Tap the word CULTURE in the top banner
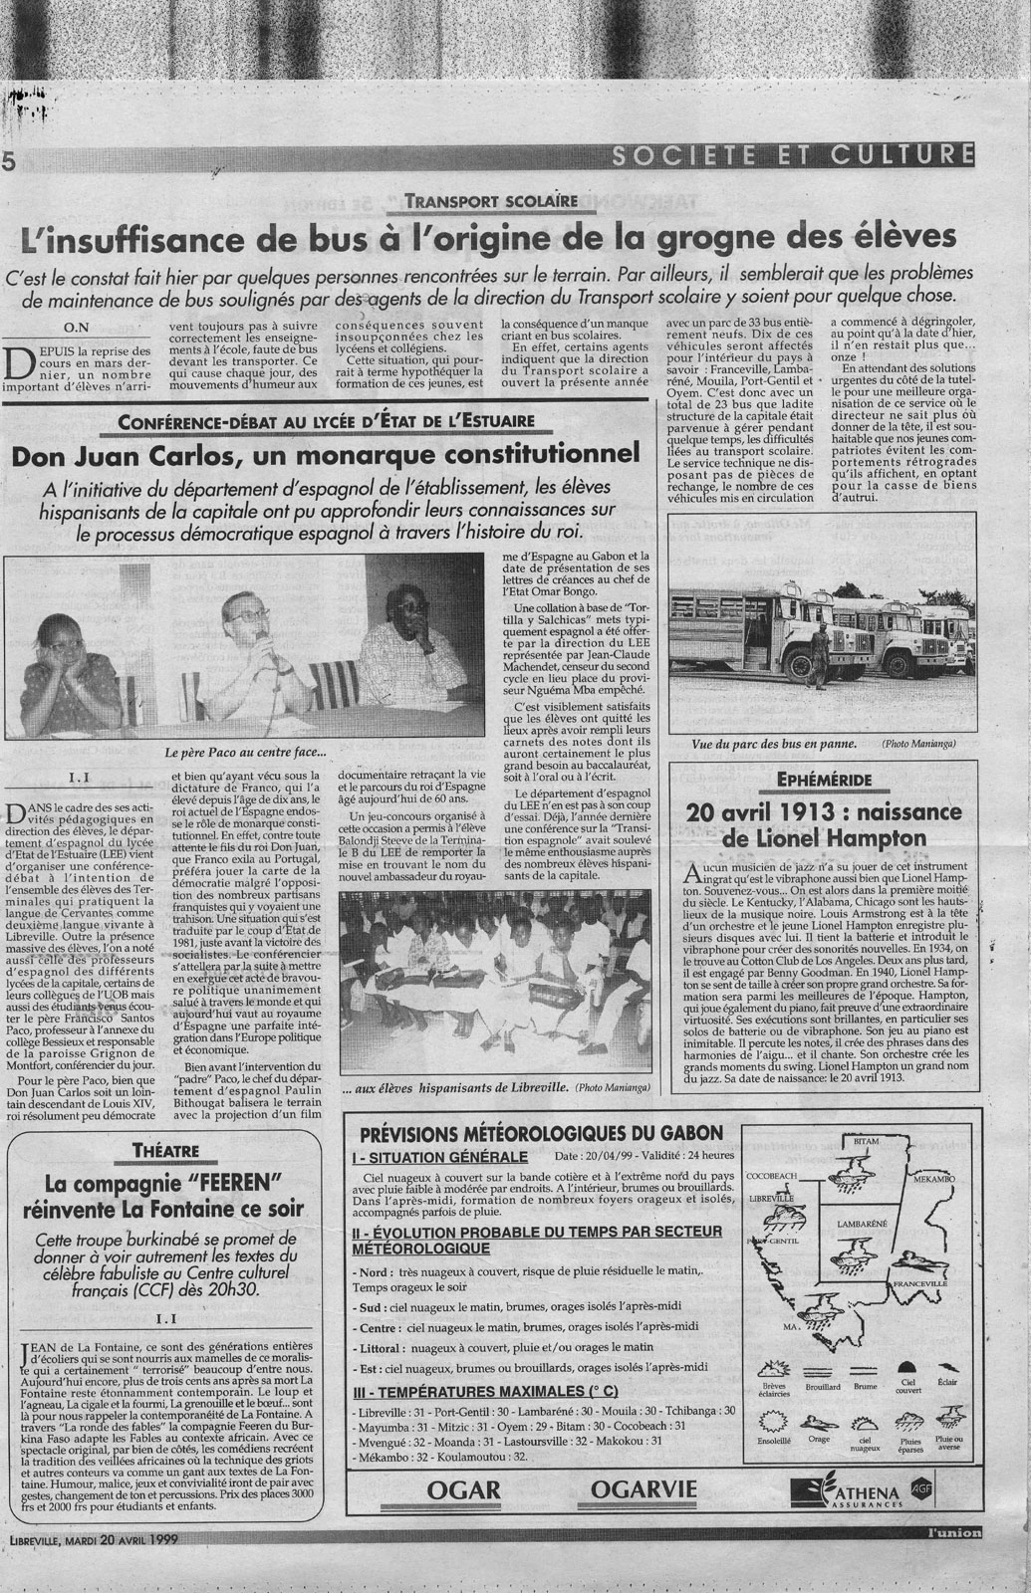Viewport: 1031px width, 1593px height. (x=913, y=154)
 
